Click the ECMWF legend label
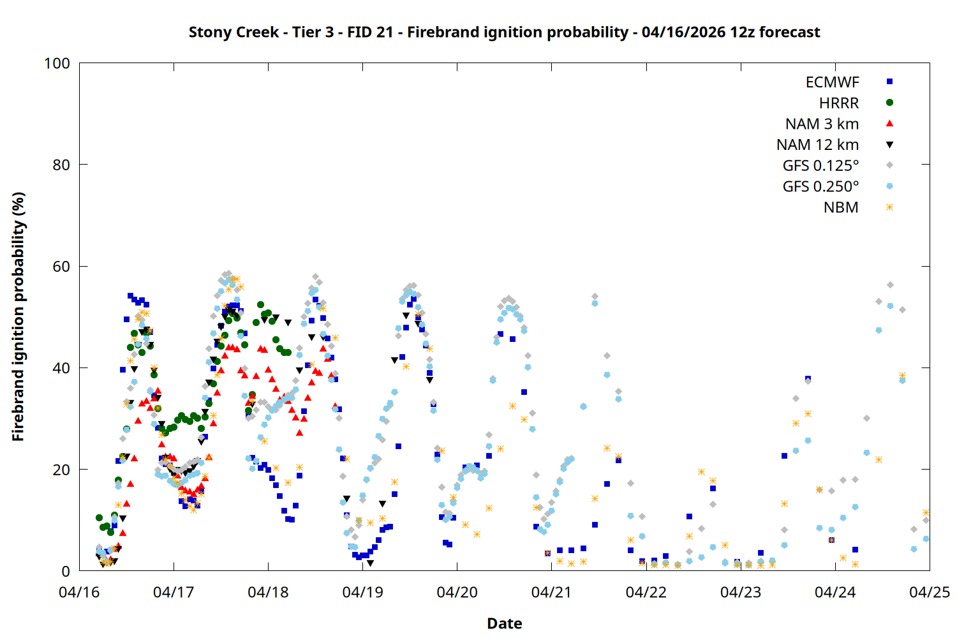coord(832,82)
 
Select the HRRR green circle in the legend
coord(889,103)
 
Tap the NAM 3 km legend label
coord(822,124)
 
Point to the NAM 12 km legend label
coord(817,145)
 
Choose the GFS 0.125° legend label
coord(820,166)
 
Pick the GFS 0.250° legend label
coord(820,187)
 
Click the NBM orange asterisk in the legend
coord(889,207)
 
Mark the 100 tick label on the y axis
coord(57,63)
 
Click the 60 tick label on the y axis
coord(61,267)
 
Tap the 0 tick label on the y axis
coord(66,572)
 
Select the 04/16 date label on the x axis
coord(79,593)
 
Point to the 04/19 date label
coord(362,593)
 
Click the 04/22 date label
coord(646,593)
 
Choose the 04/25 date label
coord(929,593)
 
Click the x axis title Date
coord(504,623)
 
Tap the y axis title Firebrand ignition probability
coord(18,316)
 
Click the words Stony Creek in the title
coord(234,32)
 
